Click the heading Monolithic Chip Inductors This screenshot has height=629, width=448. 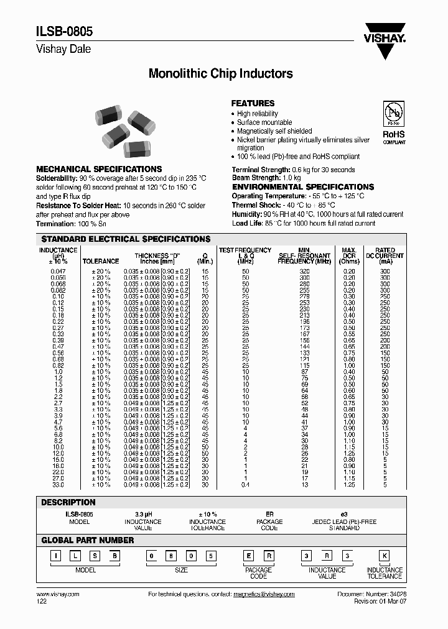220,73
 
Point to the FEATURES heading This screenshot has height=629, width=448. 253,103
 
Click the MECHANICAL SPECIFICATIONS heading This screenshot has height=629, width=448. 99,169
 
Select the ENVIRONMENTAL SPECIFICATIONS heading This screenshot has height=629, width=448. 303,187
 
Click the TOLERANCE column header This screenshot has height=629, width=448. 101,262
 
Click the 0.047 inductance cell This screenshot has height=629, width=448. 58,272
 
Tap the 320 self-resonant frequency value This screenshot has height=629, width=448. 304,272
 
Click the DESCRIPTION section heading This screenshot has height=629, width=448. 68,502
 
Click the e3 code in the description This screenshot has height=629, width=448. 336,515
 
